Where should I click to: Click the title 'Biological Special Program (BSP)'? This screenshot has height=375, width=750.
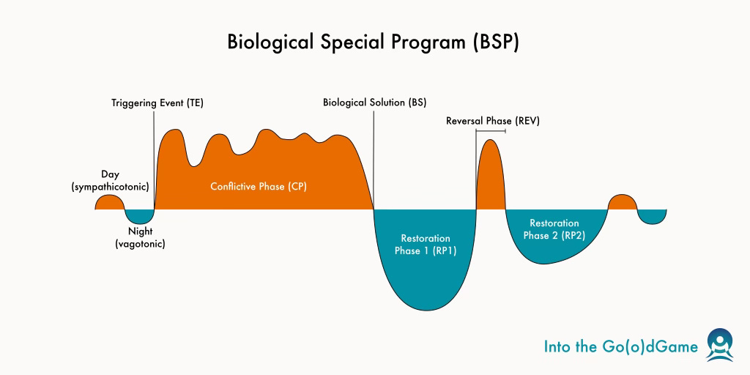374,42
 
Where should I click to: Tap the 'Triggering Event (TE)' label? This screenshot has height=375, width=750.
157,103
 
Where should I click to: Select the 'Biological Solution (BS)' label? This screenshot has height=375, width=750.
374,103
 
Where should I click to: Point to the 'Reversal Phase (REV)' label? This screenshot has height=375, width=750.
492,121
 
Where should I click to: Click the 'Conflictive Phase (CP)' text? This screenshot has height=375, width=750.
259,187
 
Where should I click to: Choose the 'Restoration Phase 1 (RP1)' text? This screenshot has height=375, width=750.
426,245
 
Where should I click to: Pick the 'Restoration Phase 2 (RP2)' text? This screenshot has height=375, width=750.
554,229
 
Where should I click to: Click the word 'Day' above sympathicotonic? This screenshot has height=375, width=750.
110,175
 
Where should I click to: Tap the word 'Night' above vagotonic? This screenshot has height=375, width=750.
140,231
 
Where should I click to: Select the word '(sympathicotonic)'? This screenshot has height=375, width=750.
111,187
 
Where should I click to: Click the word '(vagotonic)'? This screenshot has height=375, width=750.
140,244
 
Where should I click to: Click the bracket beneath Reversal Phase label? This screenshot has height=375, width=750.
490,131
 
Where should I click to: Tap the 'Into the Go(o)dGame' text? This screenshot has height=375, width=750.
621,346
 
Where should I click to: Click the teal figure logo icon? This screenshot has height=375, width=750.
719,345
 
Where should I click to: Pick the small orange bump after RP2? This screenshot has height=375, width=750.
622,202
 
